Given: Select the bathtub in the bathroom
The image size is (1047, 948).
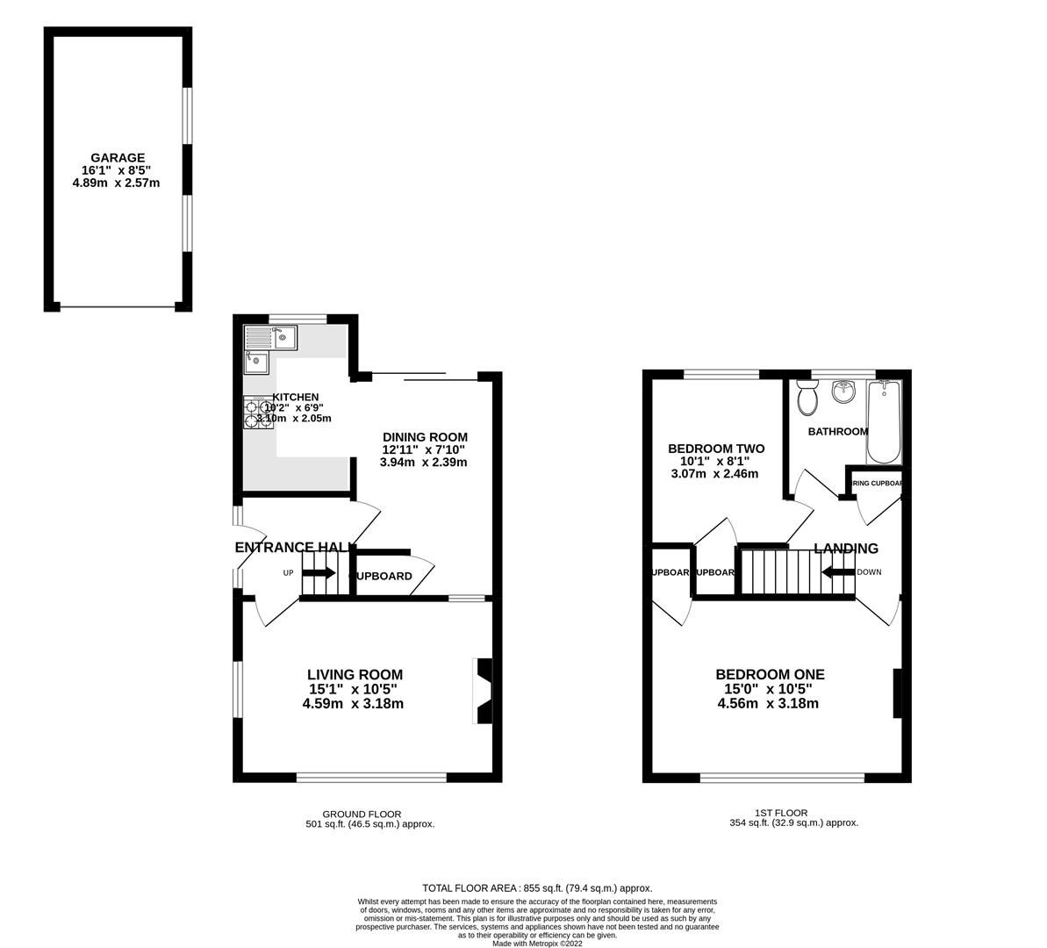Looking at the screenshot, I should [x=883, y=423].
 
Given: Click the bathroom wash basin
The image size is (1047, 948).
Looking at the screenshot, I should [x=843, y=391].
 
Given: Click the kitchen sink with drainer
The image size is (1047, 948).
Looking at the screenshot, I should [x=272, y=337].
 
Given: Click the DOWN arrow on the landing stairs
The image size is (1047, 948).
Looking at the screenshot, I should [x=838, y=572].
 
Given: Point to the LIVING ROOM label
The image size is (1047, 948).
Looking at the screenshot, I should [x=355, y=675].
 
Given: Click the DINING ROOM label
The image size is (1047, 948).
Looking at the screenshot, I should [x=425, y=437].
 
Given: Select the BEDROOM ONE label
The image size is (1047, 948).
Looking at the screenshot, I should [x=770, y=675].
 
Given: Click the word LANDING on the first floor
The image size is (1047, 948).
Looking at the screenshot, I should [x=845, y=549].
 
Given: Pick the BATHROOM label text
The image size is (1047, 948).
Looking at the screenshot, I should [x=837, y=431].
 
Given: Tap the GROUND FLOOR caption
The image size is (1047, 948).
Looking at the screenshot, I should [x=362, y=814].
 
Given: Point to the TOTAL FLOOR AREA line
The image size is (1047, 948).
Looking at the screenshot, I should [x=537, y=887].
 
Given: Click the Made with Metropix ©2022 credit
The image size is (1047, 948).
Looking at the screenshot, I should [x=537, y=944].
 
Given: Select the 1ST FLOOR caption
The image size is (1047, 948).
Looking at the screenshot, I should [x=780, y=813].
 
